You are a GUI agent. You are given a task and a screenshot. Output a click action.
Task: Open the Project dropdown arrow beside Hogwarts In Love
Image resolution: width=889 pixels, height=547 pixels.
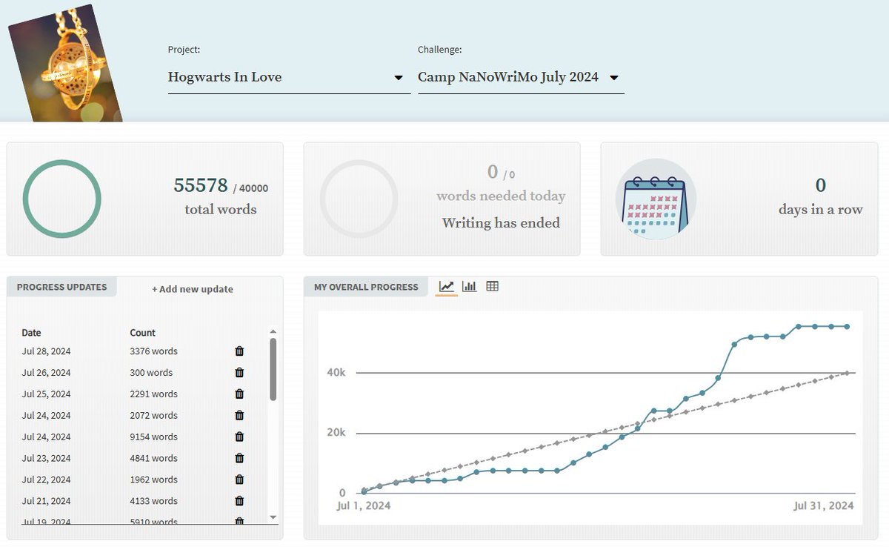tap(398, 77)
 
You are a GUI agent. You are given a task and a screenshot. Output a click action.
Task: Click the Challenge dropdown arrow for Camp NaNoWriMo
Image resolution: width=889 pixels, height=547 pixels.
tap(613, 77)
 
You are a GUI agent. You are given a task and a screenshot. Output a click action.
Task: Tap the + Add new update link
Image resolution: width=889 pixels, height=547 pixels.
tap(192, 289)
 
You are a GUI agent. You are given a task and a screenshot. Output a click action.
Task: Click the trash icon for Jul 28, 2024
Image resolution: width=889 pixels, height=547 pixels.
tap(239, 351)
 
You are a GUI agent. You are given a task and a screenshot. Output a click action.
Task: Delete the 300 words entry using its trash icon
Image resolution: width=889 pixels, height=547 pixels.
tap(239, 372)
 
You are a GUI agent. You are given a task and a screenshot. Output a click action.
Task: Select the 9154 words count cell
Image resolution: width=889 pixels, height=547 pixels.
tap(153, 437)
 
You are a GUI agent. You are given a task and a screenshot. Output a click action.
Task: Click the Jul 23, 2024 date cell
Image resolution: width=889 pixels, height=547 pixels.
tap(46, 458)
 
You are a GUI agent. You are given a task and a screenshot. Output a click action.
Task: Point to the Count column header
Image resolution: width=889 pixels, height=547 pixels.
tap(142, 333)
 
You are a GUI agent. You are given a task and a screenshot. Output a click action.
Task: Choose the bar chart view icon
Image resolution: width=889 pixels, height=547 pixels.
tap(469, 286)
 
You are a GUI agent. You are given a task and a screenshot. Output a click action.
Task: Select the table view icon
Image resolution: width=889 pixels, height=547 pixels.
tap(492, 286)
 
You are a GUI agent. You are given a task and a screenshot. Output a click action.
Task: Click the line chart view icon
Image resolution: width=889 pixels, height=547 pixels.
tap(447, 286)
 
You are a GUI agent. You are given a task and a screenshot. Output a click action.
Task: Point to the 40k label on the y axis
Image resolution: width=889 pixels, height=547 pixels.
tap(336, 372)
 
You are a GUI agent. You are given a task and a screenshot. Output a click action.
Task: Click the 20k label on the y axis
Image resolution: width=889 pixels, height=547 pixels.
tap(336, 432)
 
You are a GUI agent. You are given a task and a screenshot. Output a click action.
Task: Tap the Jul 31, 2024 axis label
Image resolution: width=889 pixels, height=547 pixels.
tap(824, 505)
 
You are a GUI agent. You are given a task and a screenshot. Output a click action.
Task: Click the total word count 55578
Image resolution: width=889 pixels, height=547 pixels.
tap(201, 185)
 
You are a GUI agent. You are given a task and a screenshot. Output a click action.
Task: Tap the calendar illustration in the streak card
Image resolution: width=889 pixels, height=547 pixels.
tap(656, 199)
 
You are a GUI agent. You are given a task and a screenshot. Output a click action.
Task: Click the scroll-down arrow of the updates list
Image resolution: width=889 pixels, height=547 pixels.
tap(273, 517)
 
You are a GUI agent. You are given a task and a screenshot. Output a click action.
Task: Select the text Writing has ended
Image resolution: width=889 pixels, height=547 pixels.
tap(502, 222)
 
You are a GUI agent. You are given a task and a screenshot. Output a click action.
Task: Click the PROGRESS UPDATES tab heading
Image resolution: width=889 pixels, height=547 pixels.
tap(62, 287)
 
